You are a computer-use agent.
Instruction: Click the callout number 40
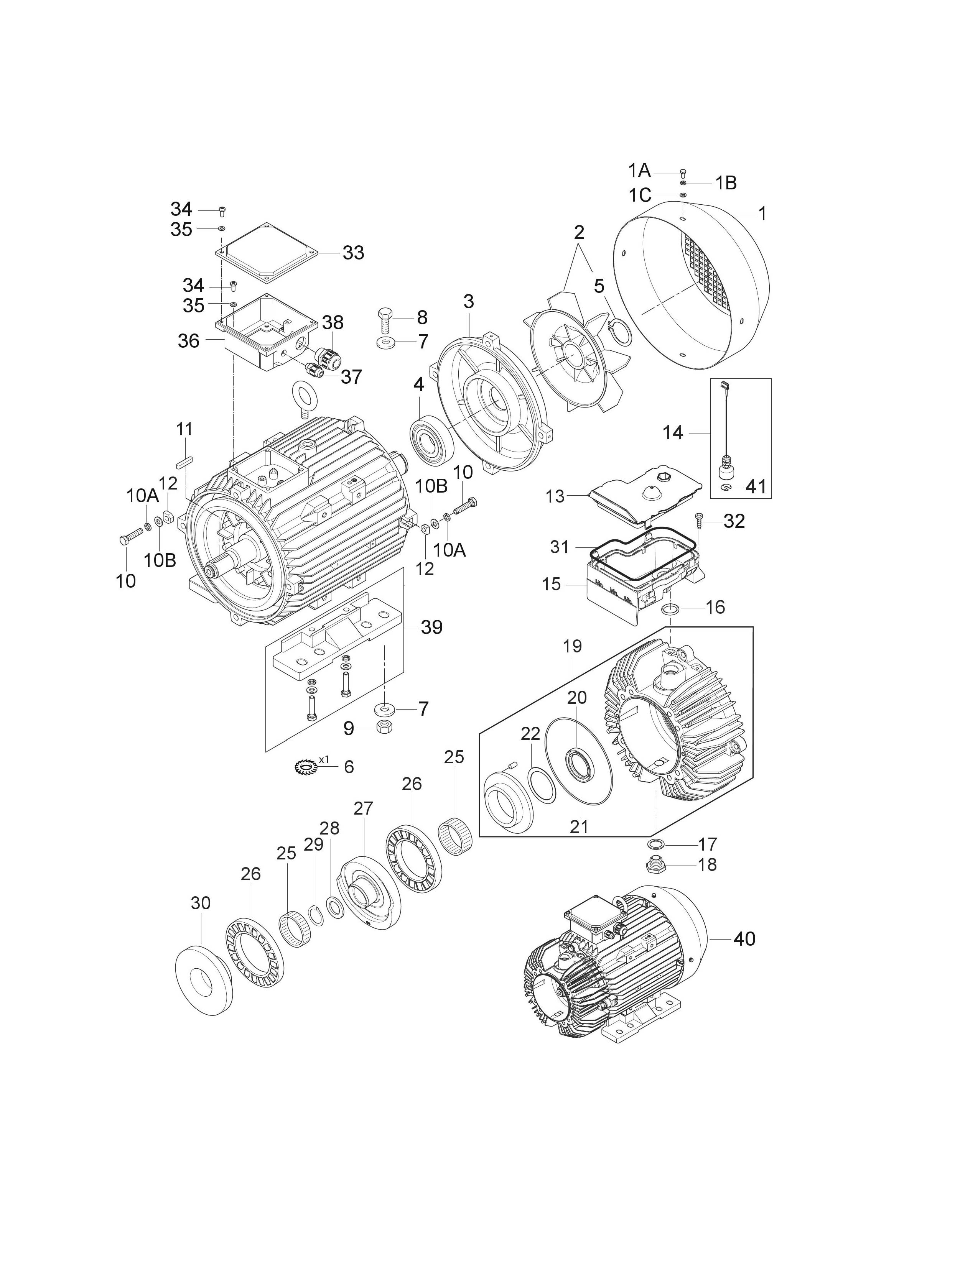pyautogui.click(x=744, y=938)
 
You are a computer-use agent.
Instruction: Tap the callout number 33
pyautogui.click(x=354, y=253)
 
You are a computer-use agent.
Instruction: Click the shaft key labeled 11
pyautogui.click(x=185, y=462)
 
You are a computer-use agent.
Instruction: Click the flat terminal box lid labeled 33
pyautogui.click(x=267, y=254)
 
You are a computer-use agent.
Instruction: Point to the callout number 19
pyautogui.click(x=572, y=646)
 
